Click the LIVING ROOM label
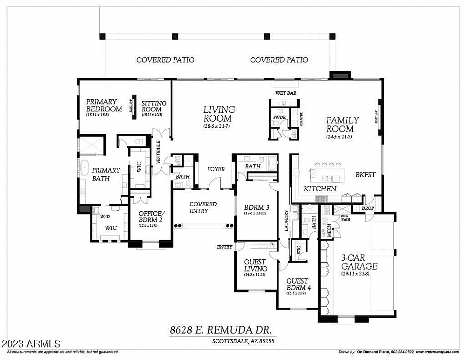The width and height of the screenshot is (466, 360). (219, 114)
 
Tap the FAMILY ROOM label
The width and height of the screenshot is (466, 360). (342, 125)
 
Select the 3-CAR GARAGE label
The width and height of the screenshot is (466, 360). (359, 263)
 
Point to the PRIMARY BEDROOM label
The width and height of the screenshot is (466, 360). (104, 105)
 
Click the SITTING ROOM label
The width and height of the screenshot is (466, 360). (154, 106)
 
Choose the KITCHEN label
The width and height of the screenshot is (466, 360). (320, 189)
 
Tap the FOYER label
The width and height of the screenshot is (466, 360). (216, 169)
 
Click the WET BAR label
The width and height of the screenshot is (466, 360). (286, 93)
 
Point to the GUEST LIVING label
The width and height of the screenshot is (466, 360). (255, 265)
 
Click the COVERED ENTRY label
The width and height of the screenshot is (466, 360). (203, 208)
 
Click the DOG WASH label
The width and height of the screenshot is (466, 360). (345, 217)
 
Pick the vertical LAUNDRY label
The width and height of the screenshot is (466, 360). (288, 221)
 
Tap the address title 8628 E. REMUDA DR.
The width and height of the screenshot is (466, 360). (220, 330)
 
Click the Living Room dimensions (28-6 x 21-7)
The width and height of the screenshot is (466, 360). (217, 126)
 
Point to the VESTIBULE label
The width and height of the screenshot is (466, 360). (158, 152)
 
